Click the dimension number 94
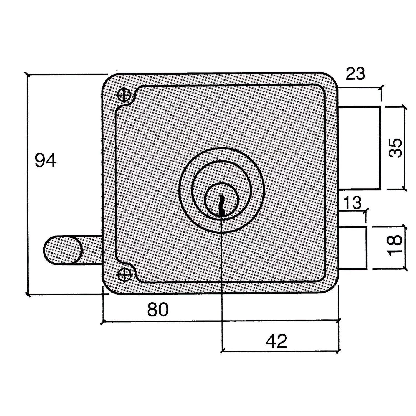click(x=45, y=160)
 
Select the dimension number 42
click(x=276, y=341)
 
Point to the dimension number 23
click(x=356, y=74)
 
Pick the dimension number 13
click(x=352, y=203)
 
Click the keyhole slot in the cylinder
click(x=221, y=205)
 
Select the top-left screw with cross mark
click(x=124, y=95)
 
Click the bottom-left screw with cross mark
click(x=124, y=275)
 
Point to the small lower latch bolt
click(x=353, y=248)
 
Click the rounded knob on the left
click(x=63, y=250)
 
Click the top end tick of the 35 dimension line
click(x=404, y=107)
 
